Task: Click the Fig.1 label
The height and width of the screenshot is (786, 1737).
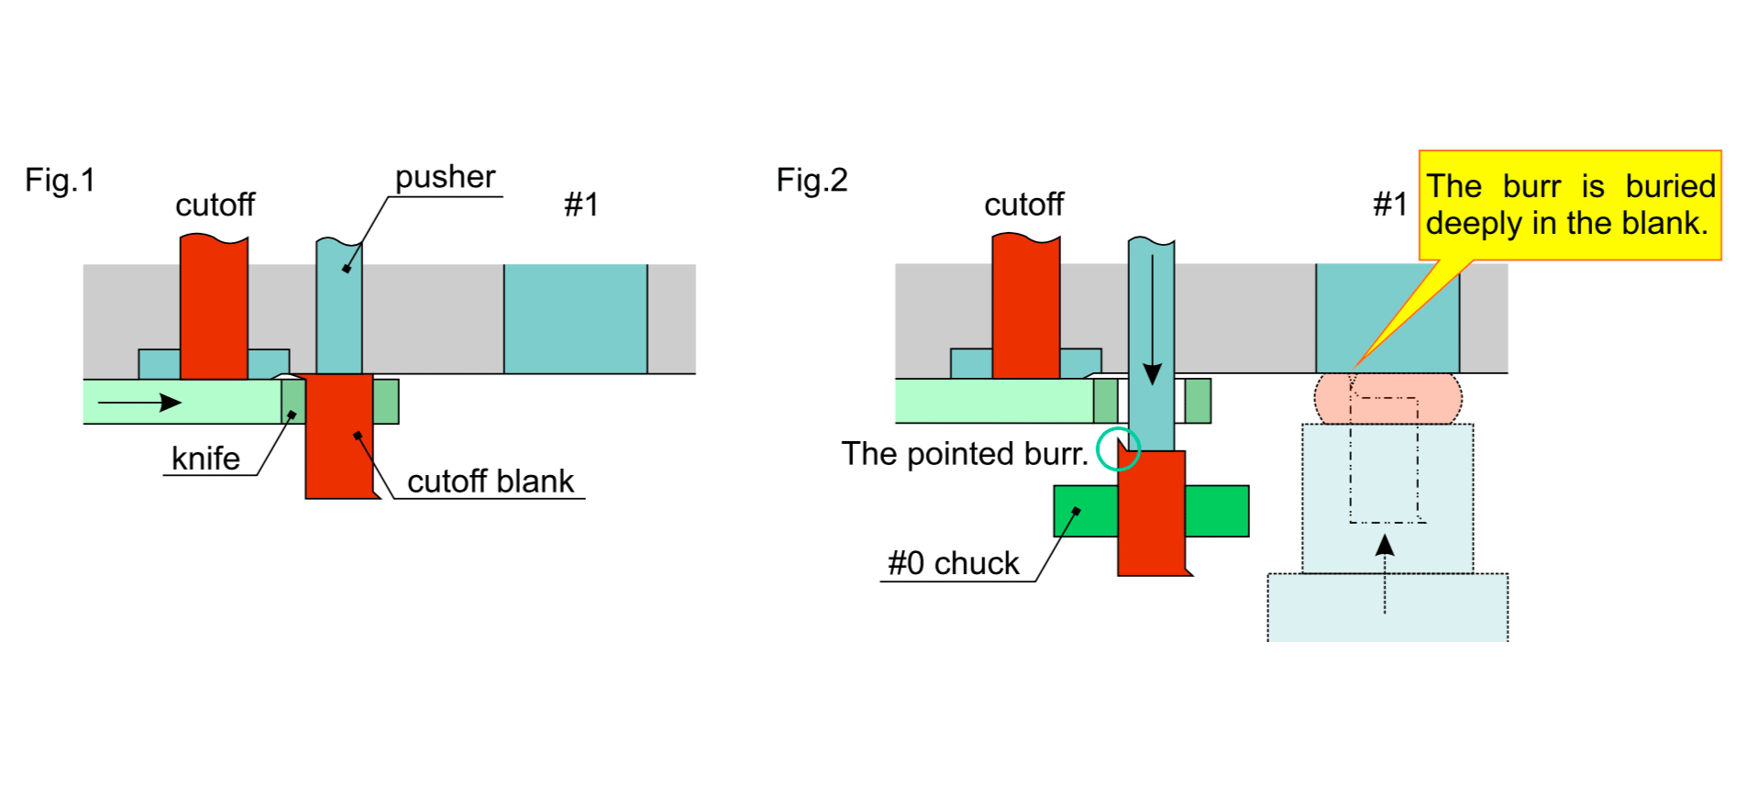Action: (60, 180)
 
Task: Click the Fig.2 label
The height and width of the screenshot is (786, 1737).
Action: (812, 180)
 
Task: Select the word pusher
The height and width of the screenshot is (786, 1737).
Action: (445, 176)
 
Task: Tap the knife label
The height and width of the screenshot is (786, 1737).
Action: (205, 458)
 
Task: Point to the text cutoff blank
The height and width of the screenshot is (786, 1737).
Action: (490, 481)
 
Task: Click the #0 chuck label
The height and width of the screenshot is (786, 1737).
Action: (953, 562)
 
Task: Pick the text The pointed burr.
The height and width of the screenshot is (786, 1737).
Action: (965, 453)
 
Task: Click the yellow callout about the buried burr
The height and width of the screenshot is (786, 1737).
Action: (1569, 205)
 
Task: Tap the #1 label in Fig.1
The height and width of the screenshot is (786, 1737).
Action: (581, 204)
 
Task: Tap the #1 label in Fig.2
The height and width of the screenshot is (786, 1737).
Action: (1390, 204)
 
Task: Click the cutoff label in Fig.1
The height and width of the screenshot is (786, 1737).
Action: (215, 205)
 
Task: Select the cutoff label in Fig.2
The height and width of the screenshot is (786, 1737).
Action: (1023, 204)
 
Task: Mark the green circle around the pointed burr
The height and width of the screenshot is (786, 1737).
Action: (1118, 448)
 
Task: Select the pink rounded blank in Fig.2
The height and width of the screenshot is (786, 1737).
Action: (1388, 398)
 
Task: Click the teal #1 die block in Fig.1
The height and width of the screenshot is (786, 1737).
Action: (575, 318)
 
